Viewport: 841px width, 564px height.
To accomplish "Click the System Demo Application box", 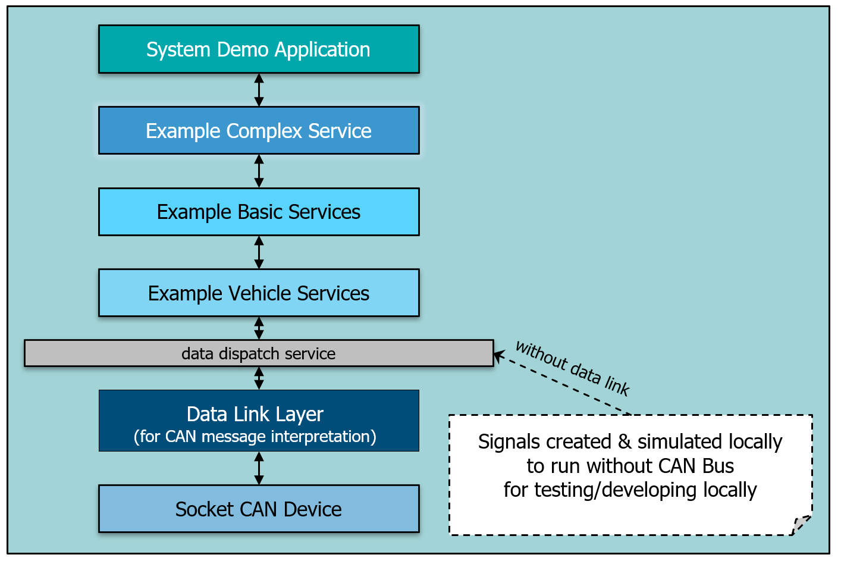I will [x=259, y=49].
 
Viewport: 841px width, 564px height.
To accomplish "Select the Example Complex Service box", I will [x=259, y=131].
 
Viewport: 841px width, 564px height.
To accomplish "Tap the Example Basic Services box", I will [x=259, y=212].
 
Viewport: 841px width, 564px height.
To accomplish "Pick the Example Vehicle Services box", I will [x=259, y=293].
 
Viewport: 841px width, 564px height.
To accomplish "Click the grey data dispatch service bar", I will [x=259, y=353].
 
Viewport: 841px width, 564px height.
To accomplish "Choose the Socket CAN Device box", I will [x=259, y=509].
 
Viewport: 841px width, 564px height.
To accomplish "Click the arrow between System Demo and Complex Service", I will [x=259, y=90].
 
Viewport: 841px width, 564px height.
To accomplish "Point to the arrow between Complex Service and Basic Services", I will [x=259, y=171].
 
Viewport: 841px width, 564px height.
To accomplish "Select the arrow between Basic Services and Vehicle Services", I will [x=259, y=252].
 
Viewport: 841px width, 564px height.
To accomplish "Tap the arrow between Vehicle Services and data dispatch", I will [x=259, y=328].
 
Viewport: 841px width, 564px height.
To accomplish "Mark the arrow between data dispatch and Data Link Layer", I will [x=259, y=378].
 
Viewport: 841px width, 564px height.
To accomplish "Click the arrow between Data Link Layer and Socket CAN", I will [x=259, y=468].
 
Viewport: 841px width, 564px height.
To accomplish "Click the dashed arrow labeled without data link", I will [x=562, y=384].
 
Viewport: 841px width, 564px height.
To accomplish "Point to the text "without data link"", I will [x=572, y=368].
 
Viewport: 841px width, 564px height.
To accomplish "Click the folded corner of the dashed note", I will [x=802, y=525].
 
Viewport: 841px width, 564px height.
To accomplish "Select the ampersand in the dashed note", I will [x=625, y=442].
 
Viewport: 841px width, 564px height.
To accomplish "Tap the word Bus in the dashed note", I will [x=718, y=466].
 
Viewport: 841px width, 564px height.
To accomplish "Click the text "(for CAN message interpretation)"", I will [x=255, y=437].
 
